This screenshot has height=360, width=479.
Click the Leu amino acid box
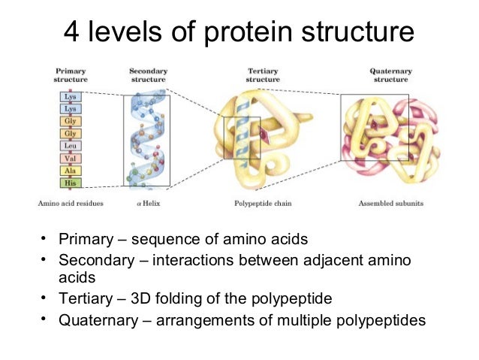click(x=71, y=146)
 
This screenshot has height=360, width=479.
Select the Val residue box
click(x=71, y=159)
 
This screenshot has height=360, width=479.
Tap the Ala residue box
click(x=71, y=171)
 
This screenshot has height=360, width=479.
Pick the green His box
click(x=71, y=183)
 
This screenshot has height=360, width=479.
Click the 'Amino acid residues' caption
click(x=71, y=203)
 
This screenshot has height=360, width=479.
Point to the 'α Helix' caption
click(x=146, y=203)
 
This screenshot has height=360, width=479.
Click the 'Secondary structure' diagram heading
click(x=146, y=75)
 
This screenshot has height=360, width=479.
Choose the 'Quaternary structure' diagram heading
click(x=391, y=75)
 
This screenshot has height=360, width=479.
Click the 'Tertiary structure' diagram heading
click(x=264, y=75)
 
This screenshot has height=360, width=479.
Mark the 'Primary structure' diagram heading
click(x=71, y=75)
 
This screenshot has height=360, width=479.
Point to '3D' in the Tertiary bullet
click(x=142, y=299)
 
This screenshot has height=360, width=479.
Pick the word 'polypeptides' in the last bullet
click(x=378, y=319)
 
